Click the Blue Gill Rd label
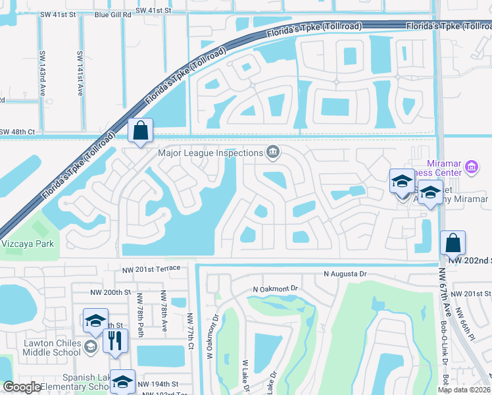coord(105,11)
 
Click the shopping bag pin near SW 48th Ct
coord(141,131)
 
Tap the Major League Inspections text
coord(210,153)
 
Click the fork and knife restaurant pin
coord(116,341)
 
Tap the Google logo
coord(22,387)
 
